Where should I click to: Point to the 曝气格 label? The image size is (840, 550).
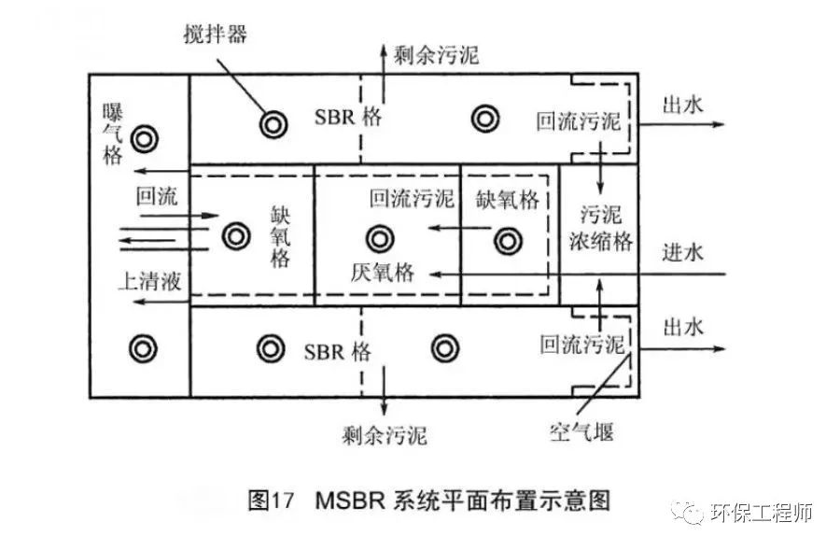tap(113, 134)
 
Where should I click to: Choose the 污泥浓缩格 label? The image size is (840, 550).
tap(601, 227)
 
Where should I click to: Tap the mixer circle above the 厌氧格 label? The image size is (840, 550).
tap(378, 238)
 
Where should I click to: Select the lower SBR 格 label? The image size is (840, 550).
tap(338, 352)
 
